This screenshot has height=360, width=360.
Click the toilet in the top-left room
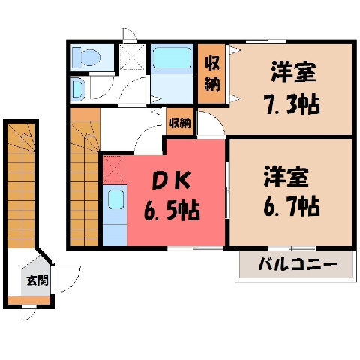coord(85,58)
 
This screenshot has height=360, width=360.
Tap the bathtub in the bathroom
coord(172,58)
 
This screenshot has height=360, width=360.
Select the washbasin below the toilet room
coord(78,88)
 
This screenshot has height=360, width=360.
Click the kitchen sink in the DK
coord(115,199)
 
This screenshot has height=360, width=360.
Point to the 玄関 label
coord(37,280)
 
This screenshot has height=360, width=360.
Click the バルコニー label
coord(298,264)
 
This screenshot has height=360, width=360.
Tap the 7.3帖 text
coord(292,104)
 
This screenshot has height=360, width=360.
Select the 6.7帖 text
coord(292,206)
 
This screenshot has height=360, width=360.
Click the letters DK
coord(172,181)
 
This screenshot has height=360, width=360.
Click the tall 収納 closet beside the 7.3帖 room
coord(212,73)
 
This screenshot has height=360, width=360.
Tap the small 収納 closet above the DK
coord(180,122)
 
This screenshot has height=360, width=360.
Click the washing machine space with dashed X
coord(132,57)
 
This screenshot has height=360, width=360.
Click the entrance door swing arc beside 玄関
coord(67,280)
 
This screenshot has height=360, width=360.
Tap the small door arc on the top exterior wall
coord(130,34)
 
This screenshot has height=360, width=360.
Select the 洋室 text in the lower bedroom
coord(286,177)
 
